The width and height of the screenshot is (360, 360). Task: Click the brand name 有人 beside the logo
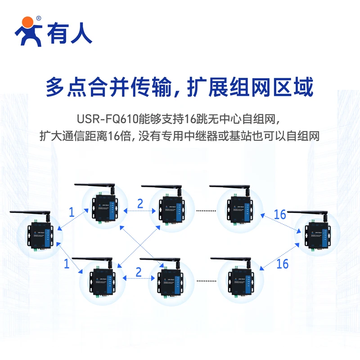pos(71,33)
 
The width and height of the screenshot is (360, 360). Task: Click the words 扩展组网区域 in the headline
pos(250,87)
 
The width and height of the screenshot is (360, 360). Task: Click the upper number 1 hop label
pos(71,212)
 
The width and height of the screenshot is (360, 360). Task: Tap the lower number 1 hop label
pos(67,264)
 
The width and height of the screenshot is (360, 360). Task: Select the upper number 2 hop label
pos(140,203)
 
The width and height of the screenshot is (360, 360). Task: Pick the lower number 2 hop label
pos(138,272)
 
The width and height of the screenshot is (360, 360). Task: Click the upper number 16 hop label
pos(280,214)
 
